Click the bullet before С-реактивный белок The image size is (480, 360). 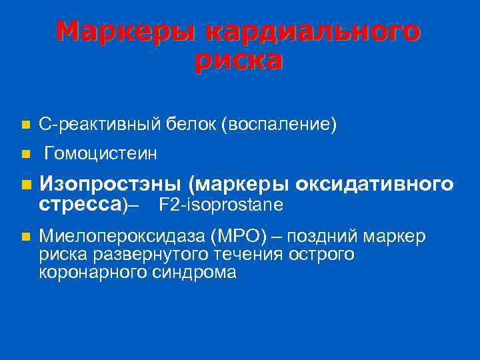[x=25, y=125]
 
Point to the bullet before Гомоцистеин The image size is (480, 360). [x=25, y=155]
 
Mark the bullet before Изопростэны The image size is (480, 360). [x=25, y=184]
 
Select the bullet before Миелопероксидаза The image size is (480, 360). [x=25, y=236]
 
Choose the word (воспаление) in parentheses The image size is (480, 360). [x=279, y=124]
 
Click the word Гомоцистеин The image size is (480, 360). [x=101, y=155]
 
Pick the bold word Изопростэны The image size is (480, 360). [x=111, y=184]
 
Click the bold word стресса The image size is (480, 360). [x=80, y=203]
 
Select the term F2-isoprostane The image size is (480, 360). [x=221, y=204]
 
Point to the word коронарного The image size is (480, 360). [x=96, y=272]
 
